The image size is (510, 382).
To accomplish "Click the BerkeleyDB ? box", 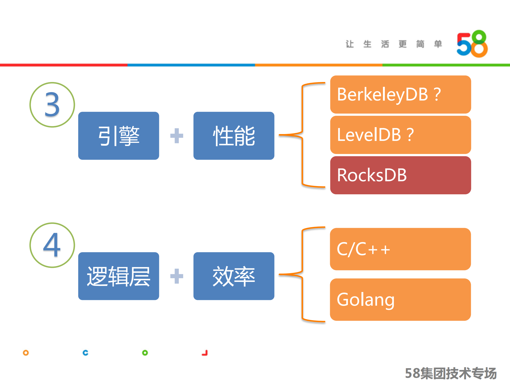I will (400, 95).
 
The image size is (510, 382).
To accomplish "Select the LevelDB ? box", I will (400, 135).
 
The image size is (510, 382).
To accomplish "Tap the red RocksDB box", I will (400, 175).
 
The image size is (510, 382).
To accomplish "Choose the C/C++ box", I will (400, 249).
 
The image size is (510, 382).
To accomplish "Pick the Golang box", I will (400, 299).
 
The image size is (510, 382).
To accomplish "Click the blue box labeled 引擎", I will (119, 136).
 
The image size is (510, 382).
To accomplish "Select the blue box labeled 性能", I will (234, 136).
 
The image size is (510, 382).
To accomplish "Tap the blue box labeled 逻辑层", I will (119, 276).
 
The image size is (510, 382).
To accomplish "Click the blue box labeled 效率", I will (234, 276).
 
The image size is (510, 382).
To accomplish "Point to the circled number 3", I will (52, 105).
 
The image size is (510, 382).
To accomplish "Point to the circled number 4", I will (52, 245).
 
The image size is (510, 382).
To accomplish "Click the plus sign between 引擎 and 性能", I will (176, 136).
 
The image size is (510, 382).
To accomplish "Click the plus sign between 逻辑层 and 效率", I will (176, 276).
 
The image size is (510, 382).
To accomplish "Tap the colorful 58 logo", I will (472, 44).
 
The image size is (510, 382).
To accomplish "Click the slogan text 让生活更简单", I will (394, 44).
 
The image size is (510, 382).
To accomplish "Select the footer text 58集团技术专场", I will (450, 373).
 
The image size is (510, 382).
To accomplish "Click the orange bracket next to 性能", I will (302, 135).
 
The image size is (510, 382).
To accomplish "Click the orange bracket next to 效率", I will (302, 274).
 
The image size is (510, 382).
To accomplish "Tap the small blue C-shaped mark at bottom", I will (85, 353).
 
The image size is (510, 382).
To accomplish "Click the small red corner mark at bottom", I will (205, 353).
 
